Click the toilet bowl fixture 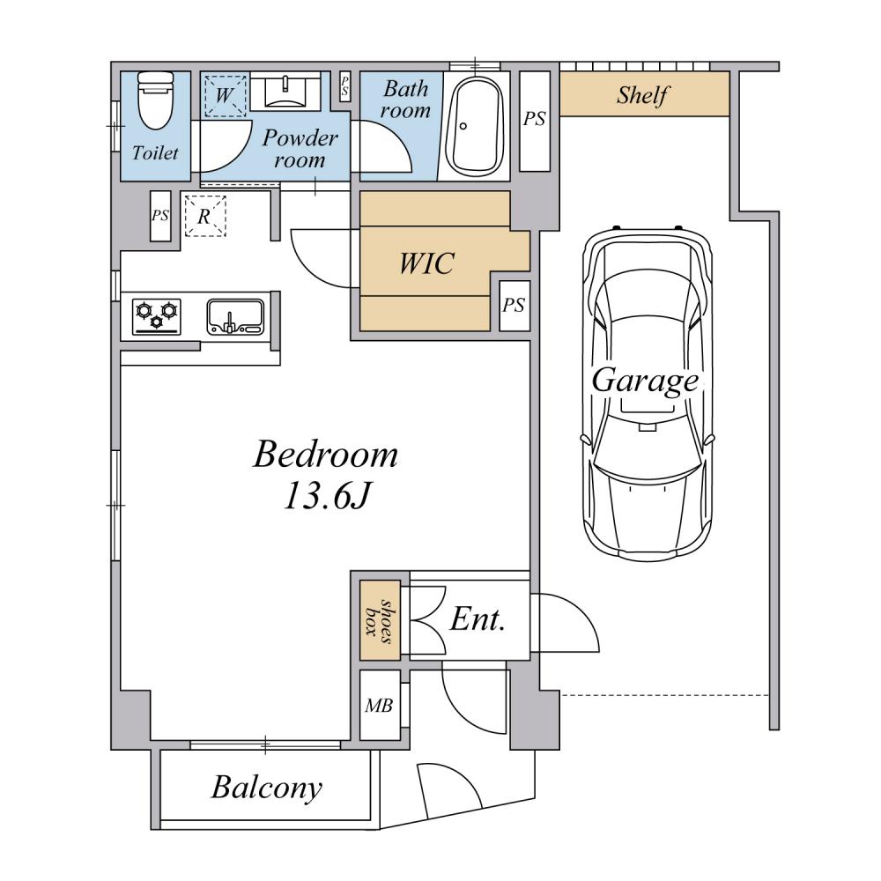click(156, 100)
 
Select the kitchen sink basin click(235, 317)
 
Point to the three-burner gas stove click(157, 317)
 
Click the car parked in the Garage click(648, 393)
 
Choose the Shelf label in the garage click(642, 95)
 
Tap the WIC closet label click(426, 263)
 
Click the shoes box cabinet click(380, 619)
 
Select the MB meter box click(380, 705)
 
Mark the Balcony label click(267, 788)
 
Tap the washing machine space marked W click(225, 95)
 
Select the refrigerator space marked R click(205, 216)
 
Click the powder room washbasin click(285, 92)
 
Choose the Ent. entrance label click(478, 619)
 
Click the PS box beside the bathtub click(535, 121)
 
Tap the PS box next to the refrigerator click(160, 217)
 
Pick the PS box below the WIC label click(515, 305)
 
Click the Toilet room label click(156, 152)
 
